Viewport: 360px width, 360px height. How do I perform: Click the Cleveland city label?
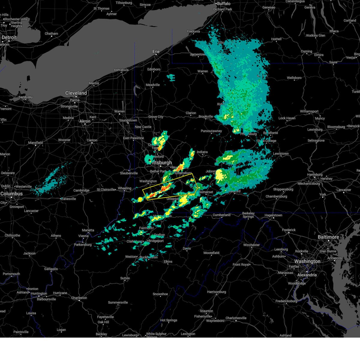[76, 93]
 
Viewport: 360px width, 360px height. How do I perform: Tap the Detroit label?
[9, 37]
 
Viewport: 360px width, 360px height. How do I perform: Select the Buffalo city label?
[224, 4]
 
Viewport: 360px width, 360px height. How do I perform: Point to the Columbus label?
[11, 194]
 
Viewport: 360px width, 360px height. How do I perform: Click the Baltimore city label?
[328, 237]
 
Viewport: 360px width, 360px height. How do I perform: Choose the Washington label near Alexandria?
[307, 261]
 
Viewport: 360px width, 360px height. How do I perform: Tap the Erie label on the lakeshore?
[156, 52]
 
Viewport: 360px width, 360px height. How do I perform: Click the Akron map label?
[85, 121]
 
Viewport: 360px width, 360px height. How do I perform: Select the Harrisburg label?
[315, 175]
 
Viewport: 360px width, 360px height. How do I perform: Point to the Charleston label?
[79, 298]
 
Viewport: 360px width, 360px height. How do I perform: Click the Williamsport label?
[309, 111]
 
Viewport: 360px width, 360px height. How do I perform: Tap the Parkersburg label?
[83, 245]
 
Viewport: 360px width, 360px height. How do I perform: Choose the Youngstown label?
[128, 120]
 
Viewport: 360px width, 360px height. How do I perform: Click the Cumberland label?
[221, 215]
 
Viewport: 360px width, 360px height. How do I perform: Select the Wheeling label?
[124, 188]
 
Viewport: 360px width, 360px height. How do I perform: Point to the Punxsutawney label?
[211, 131]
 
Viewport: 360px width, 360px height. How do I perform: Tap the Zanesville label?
[69, 199]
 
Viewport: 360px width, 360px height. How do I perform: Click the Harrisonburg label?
[216, 292]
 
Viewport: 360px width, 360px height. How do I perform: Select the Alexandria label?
[307, 275]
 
